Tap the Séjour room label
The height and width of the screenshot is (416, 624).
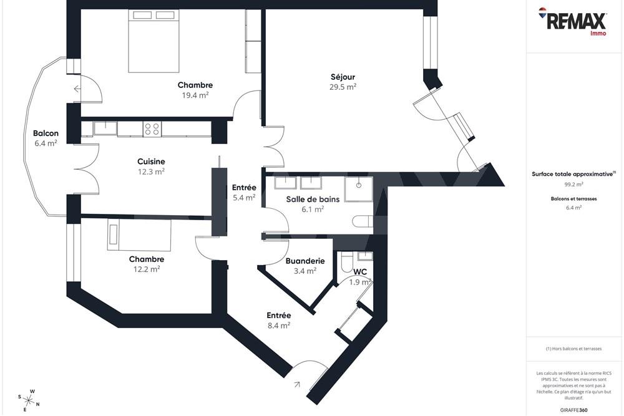[343, 77]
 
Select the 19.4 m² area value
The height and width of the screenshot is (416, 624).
[195, 95]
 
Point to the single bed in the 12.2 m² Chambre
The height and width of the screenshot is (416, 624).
[139, 235]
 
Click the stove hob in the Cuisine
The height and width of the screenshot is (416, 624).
[152, 129]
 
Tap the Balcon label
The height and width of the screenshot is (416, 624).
[46, 133]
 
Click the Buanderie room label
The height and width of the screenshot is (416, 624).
[305, 261]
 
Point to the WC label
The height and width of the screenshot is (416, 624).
[360, 272]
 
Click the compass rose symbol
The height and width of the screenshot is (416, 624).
[28, 397]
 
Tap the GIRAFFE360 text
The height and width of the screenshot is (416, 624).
[574, 409]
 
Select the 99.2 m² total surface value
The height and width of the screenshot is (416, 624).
[574, 185]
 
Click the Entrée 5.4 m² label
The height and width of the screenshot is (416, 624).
[244, 188]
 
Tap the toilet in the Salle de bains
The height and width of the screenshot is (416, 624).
[362, 221]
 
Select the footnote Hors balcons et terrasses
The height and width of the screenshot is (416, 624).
[573, 349]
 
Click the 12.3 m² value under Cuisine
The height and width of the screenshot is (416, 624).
[151, 172]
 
